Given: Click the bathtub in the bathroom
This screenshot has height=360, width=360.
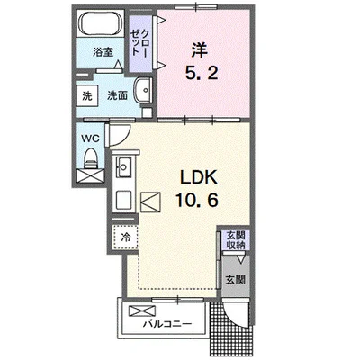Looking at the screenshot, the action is (x=100, y=23).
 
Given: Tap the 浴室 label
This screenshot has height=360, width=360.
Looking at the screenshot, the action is (x=103, y=52).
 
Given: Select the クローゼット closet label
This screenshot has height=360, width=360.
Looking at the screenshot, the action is (x=139, y=42).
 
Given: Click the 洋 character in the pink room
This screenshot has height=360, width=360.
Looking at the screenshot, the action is (x=200, y=51).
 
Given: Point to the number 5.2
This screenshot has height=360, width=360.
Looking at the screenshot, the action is (x=202, y=73).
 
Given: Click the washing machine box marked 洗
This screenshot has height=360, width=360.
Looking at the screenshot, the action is (x=87, y=95).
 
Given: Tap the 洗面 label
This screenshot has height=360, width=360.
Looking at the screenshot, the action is (x=117, y=95).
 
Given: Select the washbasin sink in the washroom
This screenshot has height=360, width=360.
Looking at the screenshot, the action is (x=143, y=90).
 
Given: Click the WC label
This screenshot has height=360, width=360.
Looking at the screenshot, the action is (x=91, y=139).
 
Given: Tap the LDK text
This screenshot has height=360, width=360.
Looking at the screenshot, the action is (x=198, y=178).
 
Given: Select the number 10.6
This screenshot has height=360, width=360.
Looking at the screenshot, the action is (x=196, y=200).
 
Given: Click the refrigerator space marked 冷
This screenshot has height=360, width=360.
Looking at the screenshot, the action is (x=126, y=238).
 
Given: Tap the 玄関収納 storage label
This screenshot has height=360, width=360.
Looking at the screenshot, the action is (x=236, y=240).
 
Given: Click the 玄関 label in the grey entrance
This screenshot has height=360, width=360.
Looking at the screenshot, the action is (x=236, y=280).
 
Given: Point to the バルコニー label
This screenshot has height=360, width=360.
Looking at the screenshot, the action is (x=167, y=324).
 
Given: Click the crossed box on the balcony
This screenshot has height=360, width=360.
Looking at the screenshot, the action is (x=142, y=310).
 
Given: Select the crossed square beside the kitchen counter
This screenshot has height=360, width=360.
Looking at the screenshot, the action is (x=151, y=202).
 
